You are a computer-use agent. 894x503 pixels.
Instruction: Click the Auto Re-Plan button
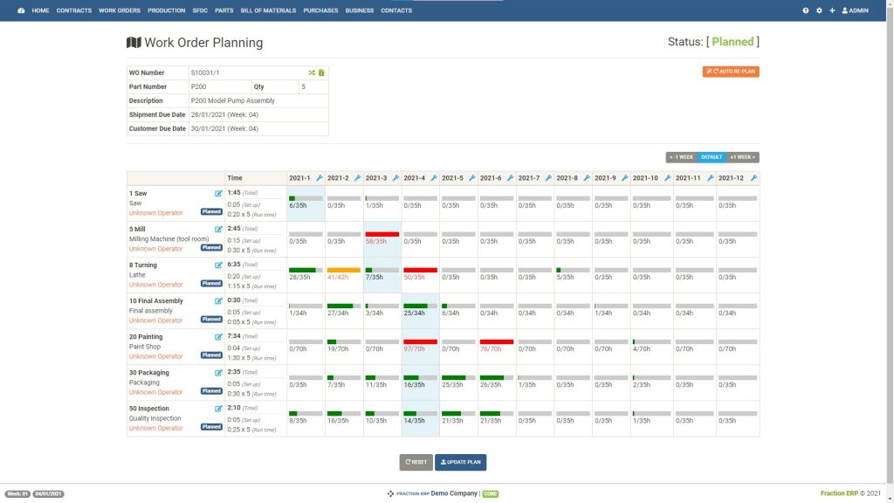pyautogui.click(x=731, y=72)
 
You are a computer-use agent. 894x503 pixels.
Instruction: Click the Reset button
pyautogui.click(x=416, y=462)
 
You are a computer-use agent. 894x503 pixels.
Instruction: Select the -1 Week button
pyautogui.click(x=681, y=157)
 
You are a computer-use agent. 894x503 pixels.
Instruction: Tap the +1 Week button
pyautogui.click(x=743, y=157)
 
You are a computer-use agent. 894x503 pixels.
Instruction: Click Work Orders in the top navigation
pyautogui.click(x=119, y=10)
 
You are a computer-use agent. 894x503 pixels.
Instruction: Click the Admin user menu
pyautogui.click(x=855, y=10)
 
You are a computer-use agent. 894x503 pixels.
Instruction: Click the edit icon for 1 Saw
pyautogui.click(x=218, y=193)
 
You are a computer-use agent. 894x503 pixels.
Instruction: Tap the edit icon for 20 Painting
pyautogui.click(x=218, y=336)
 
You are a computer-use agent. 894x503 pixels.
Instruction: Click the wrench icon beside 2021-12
pyautogui.click(x=753, y=178)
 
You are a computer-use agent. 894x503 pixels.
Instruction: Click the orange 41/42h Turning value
pyautogui.click(x=338, y=277)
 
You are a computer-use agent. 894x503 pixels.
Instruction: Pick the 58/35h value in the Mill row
pyautogui.click(x=376, y=241)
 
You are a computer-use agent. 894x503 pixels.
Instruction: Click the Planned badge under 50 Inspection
pyautogui.click(x=211, y=427)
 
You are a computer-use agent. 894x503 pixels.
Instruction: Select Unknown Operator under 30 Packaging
pyautogui.click(x=156, y=392)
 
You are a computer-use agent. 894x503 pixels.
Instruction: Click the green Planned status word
pyautogui.click(x=732, y=42)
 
